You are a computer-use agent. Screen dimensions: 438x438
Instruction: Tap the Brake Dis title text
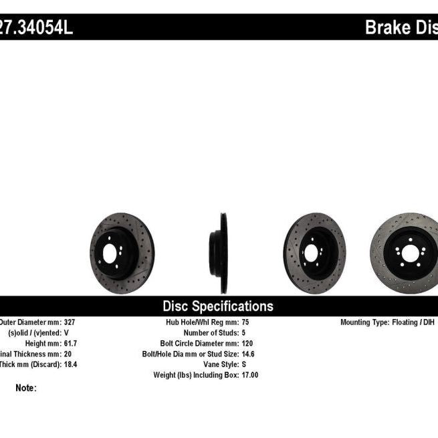pos(401,28)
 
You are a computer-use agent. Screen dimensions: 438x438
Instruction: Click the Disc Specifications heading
pos(218,306)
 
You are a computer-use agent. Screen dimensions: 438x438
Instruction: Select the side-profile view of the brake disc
pos(220,253)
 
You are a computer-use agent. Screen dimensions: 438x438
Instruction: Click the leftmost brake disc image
pos(122,253)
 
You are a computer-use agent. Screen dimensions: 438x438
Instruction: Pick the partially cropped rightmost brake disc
pos(405,253)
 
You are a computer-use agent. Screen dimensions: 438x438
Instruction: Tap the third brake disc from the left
pos(314,253)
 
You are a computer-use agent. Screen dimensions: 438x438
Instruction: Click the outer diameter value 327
pos(70,322)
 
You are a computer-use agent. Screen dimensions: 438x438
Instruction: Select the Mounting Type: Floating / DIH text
pos(387,322)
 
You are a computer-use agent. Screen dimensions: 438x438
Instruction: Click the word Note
pos(25,388)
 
